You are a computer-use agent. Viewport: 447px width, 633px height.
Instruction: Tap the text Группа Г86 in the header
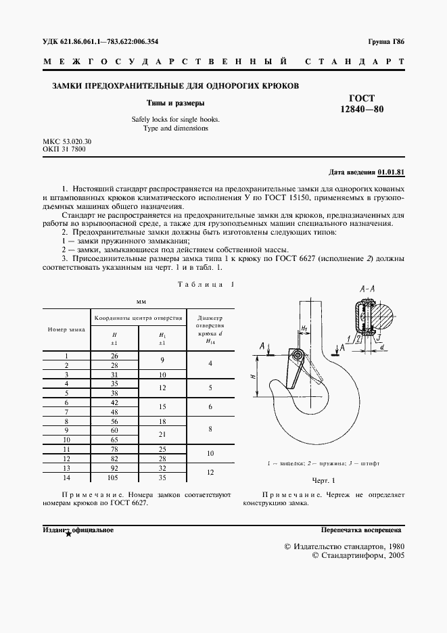coord(386,42)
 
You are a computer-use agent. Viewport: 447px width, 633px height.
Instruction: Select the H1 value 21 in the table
coord(162,434)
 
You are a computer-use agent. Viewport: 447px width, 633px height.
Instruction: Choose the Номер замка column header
coord(66,329)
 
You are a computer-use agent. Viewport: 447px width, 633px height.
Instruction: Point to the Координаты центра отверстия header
coord(138,316)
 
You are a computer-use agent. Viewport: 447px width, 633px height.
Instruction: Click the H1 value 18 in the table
coord(162,421)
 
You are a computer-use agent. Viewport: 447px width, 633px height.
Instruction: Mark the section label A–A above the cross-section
coord(368,289)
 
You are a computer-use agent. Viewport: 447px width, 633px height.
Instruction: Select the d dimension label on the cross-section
coord(383,348)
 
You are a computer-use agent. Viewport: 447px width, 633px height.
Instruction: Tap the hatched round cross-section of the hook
coord(390,316)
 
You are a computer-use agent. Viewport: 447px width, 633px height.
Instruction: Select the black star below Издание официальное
coord(68,534)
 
